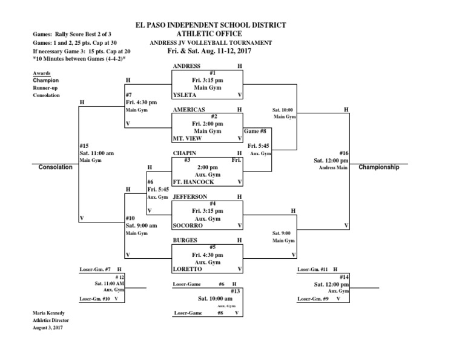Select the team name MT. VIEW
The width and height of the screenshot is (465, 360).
pyautogui.click(x=188, y=139)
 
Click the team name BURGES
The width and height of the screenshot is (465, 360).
pyautogui.click(x=185, y=240)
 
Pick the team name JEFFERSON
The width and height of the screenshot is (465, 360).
pyautogui.click(x=190, y=197)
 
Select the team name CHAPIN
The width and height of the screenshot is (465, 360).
pyautogui.click(x=185, y=153)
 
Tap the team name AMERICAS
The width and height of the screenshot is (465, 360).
pyautogui.click(x=189, y=110)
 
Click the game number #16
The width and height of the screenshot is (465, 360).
pyautogui.click(x=343, y=153)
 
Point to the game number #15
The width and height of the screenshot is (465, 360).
pyautogui.click(x=85, y=146)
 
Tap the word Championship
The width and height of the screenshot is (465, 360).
pyautogui.click(x=379, y=167)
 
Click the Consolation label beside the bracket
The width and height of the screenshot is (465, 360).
pyautogui.click(x=55, y=167)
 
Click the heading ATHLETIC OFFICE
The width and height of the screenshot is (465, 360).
pyautogui.click(x=209, y=34)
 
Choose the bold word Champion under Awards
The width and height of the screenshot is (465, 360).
pyautogui.click(x=45, y=80)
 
